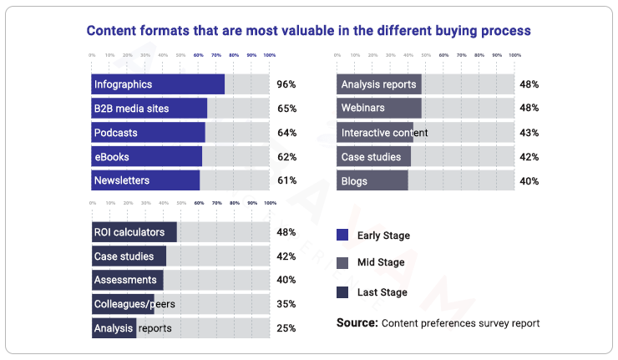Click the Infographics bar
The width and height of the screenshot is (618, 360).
tap(158, 84)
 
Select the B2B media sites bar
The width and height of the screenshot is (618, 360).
tap(149, 109)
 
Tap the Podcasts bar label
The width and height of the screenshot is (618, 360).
tap(116, 133)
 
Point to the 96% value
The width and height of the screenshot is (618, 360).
tap(286, 84)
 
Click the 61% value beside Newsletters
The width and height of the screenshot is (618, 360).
tap(286, 181)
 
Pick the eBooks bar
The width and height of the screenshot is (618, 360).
tap(147, 157)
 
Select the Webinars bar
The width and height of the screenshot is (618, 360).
tap(379, 109)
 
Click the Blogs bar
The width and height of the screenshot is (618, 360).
tap(372, 181)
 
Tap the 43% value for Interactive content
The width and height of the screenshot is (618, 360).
tap(529, 133)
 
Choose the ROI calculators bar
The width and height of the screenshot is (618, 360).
tap(134, 232)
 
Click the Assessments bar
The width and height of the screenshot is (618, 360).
tap(128, 281)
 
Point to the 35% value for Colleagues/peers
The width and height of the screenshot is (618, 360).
tap(286, 304)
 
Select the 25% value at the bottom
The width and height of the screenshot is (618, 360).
tap(286, 328)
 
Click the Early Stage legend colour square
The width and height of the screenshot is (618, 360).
tap(342, 236)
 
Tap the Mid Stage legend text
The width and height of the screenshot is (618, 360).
tap(381, 263)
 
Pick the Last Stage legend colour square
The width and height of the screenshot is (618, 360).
tap(342, 292)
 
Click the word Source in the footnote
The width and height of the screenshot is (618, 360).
tap(357, 322)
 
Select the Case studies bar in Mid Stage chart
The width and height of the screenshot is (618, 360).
tap(374, 157)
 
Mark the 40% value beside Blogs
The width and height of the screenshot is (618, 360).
tap(529, 181)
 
